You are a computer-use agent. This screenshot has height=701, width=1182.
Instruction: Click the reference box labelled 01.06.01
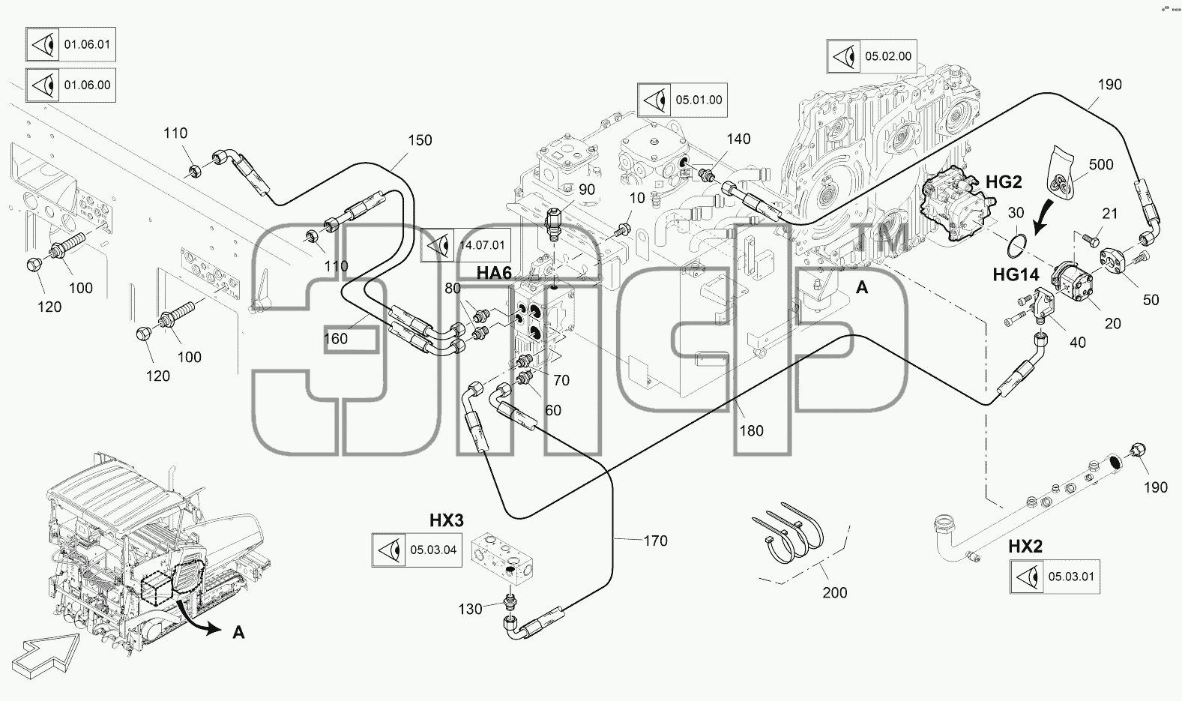[70, 44]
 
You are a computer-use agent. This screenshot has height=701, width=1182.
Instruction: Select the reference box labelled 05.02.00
[871, 56]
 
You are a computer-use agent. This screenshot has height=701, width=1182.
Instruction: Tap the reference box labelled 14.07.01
[465, 245]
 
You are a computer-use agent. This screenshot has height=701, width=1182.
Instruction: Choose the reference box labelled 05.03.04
[417, 550]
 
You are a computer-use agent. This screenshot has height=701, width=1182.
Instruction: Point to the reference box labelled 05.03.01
[1055, 577]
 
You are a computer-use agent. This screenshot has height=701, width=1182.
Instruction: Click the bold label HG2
[1004, 182]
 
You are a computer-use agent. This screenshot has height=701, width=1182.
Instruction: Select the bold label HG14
[1016, 274]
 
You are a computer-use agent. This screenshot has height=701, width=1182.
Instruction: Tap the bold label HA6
[494, 272]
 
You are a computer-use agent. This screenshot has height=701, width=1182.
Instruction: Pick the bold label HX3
[447, 520]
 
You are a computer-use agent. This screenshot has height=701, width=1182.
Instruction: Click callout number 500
[1101, 165]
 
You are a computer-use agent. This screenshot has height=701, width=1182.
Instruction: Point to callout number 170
[655, 541]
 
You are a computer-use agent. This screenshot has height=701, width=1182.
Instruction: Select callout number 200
[835, 593]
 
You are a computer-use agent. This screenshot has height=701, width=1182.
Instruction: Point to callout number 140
[738, 139]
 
